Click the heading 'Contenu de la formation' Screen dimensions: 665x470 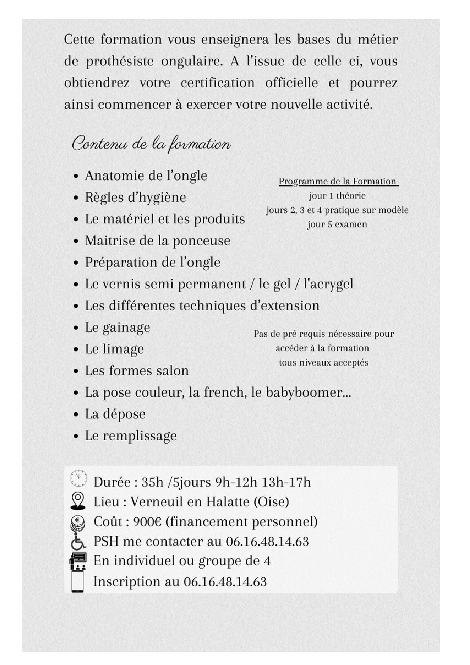151,145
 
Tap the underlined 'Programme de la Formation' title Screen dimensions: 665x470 337,181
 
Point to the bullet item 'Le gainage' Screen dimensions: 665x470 117,328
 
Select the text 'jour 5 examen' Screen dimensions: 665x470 337,224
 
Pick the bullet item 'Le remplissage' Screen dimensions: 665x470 130,436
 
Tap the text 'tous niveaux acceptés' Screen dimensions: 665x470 323,362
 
